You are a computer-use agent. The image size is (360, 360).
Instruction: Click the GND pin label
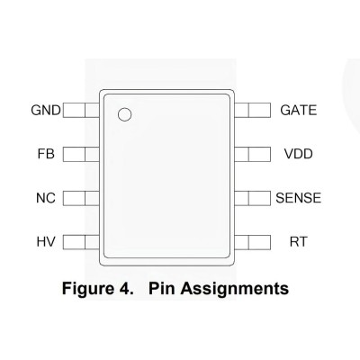coord(46,110)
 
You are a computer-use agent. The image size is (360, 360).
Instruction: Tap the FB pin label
coord(46,154)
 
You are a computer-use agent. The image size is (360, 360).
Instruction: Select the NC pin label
coord(46,198)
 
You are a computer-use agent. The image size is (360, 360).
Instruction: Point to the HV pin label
coord(46,242)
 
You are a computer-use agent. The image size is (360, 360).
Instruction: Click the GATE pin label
coord(299,110)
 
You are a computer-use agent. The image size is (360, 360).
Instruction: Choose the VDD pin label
coord(299,154)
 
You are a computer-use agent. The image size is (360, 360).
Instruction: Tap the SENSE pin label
coord(299,198)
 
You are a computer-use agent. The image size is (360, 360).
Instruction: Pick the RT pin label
coord(299,242)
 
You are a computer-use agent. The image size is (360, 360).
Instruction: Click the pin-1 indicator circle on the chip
coord(124,114)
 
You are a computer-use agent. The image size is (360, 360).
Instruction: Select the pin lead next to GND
coord(81,110)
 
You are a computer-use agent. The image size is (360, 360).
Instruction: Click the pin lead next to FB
coord(81,154)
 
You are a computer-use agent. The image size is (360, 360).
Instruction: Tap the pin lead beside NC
coord(81,198)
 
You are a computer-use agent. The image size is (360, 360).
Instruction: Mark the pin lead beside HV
coord(81,242)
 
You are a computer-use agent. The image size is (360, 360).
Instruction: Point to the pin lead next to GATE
coord(252,110)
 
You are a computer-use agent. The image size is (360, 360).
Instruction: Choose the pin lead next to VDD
coord(252,154)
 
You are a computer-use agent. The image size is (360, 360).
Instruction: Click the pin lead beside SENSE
coord(252,198)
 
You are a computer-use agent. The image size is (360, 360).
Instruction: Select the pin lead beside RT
coord(252,242)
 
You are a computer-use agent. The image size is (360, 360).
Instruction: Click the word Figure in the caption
coord(86,289)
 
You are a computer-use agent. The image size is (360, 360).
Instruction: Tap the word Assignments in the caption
coord(235,289)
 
